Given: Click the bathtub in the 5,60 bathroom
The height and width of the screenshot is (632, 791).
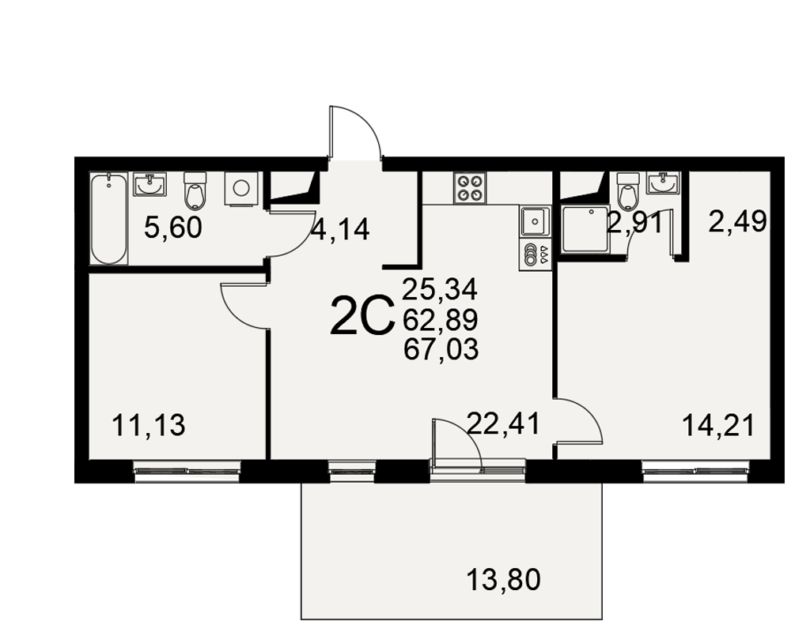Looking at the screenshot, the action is click(x=109, y=218).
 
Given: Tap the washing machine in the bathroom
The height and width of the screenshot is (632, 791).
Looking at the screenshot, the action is click(x=241, y=189).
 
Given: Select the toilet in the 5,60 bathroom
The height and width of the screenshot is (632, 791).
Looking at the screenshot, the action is click(x=195, y=190).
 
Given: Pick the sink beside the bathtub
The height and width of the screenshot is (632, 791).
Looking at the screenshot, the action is click(x=149, y=184).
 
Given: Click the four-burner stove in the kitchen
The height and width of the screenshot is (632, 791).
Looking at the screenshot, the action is click(x=470, y=188).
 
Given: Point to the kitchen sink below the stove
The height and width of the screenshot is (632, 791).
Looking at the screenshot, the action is click(x=535, y=220).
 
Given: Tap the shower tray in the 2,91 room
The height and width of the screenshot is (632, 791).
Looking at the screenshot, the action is click(x=585, y=230).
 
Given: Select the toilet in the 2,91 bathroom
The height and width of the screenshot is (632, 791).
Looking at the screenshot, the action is click(x=628, y=190).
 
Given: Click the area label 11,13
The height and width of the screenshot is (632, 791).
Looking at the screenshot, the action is click(x=149, y=425).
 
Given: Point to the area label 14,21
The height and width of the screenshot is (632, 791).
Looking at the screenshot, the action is click(x=718, y=425).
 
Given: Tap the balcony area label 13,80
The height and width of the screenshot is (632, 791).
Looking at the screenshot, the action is click(x=503, y=579).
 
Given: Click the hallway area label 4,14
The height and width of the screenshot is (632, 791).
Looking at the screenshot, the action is click(x=340, y=231).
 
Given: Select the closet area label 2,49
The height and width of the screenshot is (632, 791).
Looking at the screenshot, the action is click(x=737, y=221).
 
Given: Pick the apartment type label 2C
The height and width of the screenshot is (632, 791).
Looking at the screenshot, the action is click(x=361, y=316).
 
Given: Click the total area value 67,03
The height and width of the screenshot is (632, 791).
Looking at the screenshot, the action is click(x=441, y=349).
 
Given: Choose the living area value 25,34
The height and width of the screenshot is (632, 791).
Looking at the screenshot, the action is click(x=440, y=290).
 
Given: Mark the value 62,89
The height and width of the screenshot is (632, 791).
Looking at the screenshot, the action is click(x=441, y=319).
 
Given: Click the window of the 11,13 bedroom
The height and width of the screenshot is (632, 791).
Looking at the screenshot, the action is click(x=187, y=471).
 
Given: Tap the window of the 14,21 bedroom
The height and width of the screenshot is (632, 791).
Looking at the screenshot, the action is click(x=695, y=471).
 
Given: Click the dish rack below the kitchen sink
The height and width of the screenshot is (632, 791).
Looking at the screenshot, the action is click(x=535, y=254).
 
